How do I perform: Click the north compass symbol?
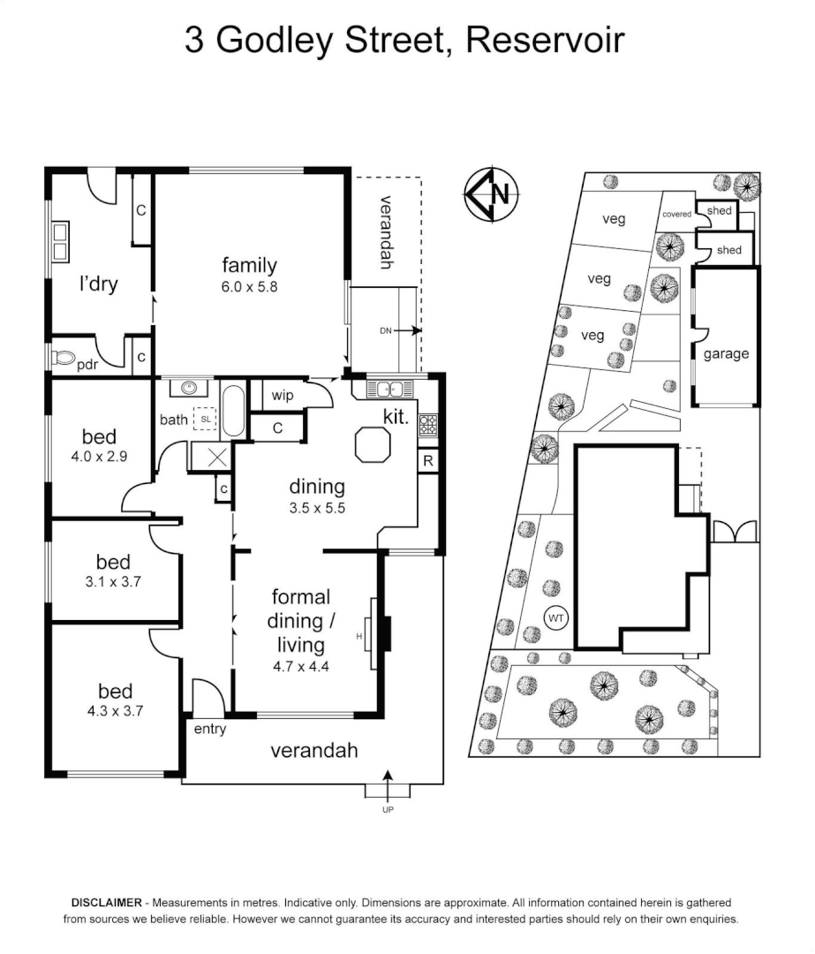pos(492,193)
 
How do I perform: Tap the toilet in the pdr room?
pos(64,360)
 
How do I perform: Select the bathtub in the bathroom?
pos(233,410)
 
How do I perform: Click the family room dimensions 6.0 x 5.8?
pos(250,286)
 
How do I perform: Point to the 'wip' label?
pos(283,395)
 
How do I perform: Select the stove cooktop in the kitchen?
pos(427,425)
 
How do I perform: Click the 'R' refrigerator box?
pos(428,461)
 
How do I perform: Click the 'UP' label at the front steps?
pos(387,809)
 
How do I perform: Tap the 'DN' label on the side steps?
pos(386,331)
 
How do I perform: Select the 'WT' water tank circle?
pos(555,618)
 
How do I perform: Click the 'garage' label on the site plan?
pos(726,354)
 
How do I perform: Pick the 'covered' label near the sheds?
pos(676,214)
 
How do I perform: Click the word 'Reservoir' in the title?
pos(547,41)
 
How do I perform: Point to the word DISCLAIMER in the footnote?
pos(106,903)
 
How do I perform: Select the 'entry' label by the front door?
pos(210,729)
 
